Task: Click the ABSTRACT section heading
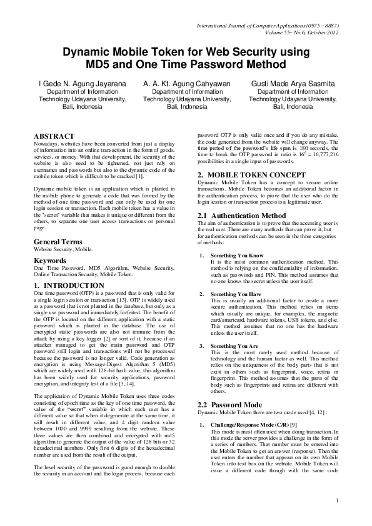click(54, 136)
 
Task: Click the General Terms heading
click(59, 241)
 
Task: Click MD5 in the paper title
click(101, 64)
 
